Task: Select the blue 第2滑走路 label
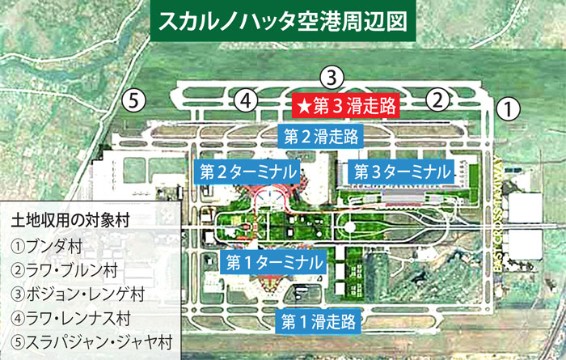[x=319, y=135]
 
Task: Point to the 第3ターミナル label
[x=399, y=172]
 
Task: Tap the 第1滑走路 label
[x=319, y=321]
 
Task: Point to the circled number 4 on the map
[x=247, y=100]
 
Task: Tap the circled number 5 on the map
[x=134, y=100]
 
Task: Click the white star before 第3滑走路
[x=303, y=104]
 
